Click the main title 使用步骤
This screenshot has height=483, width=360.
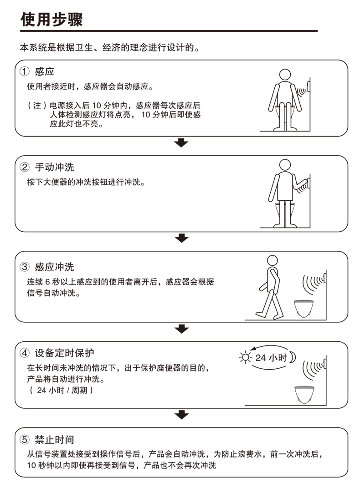coord(51,19)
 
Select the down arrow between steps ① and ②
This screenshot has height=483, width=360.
coord(182,143)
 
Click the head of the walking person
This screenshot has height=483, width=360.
coord(272,260)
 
